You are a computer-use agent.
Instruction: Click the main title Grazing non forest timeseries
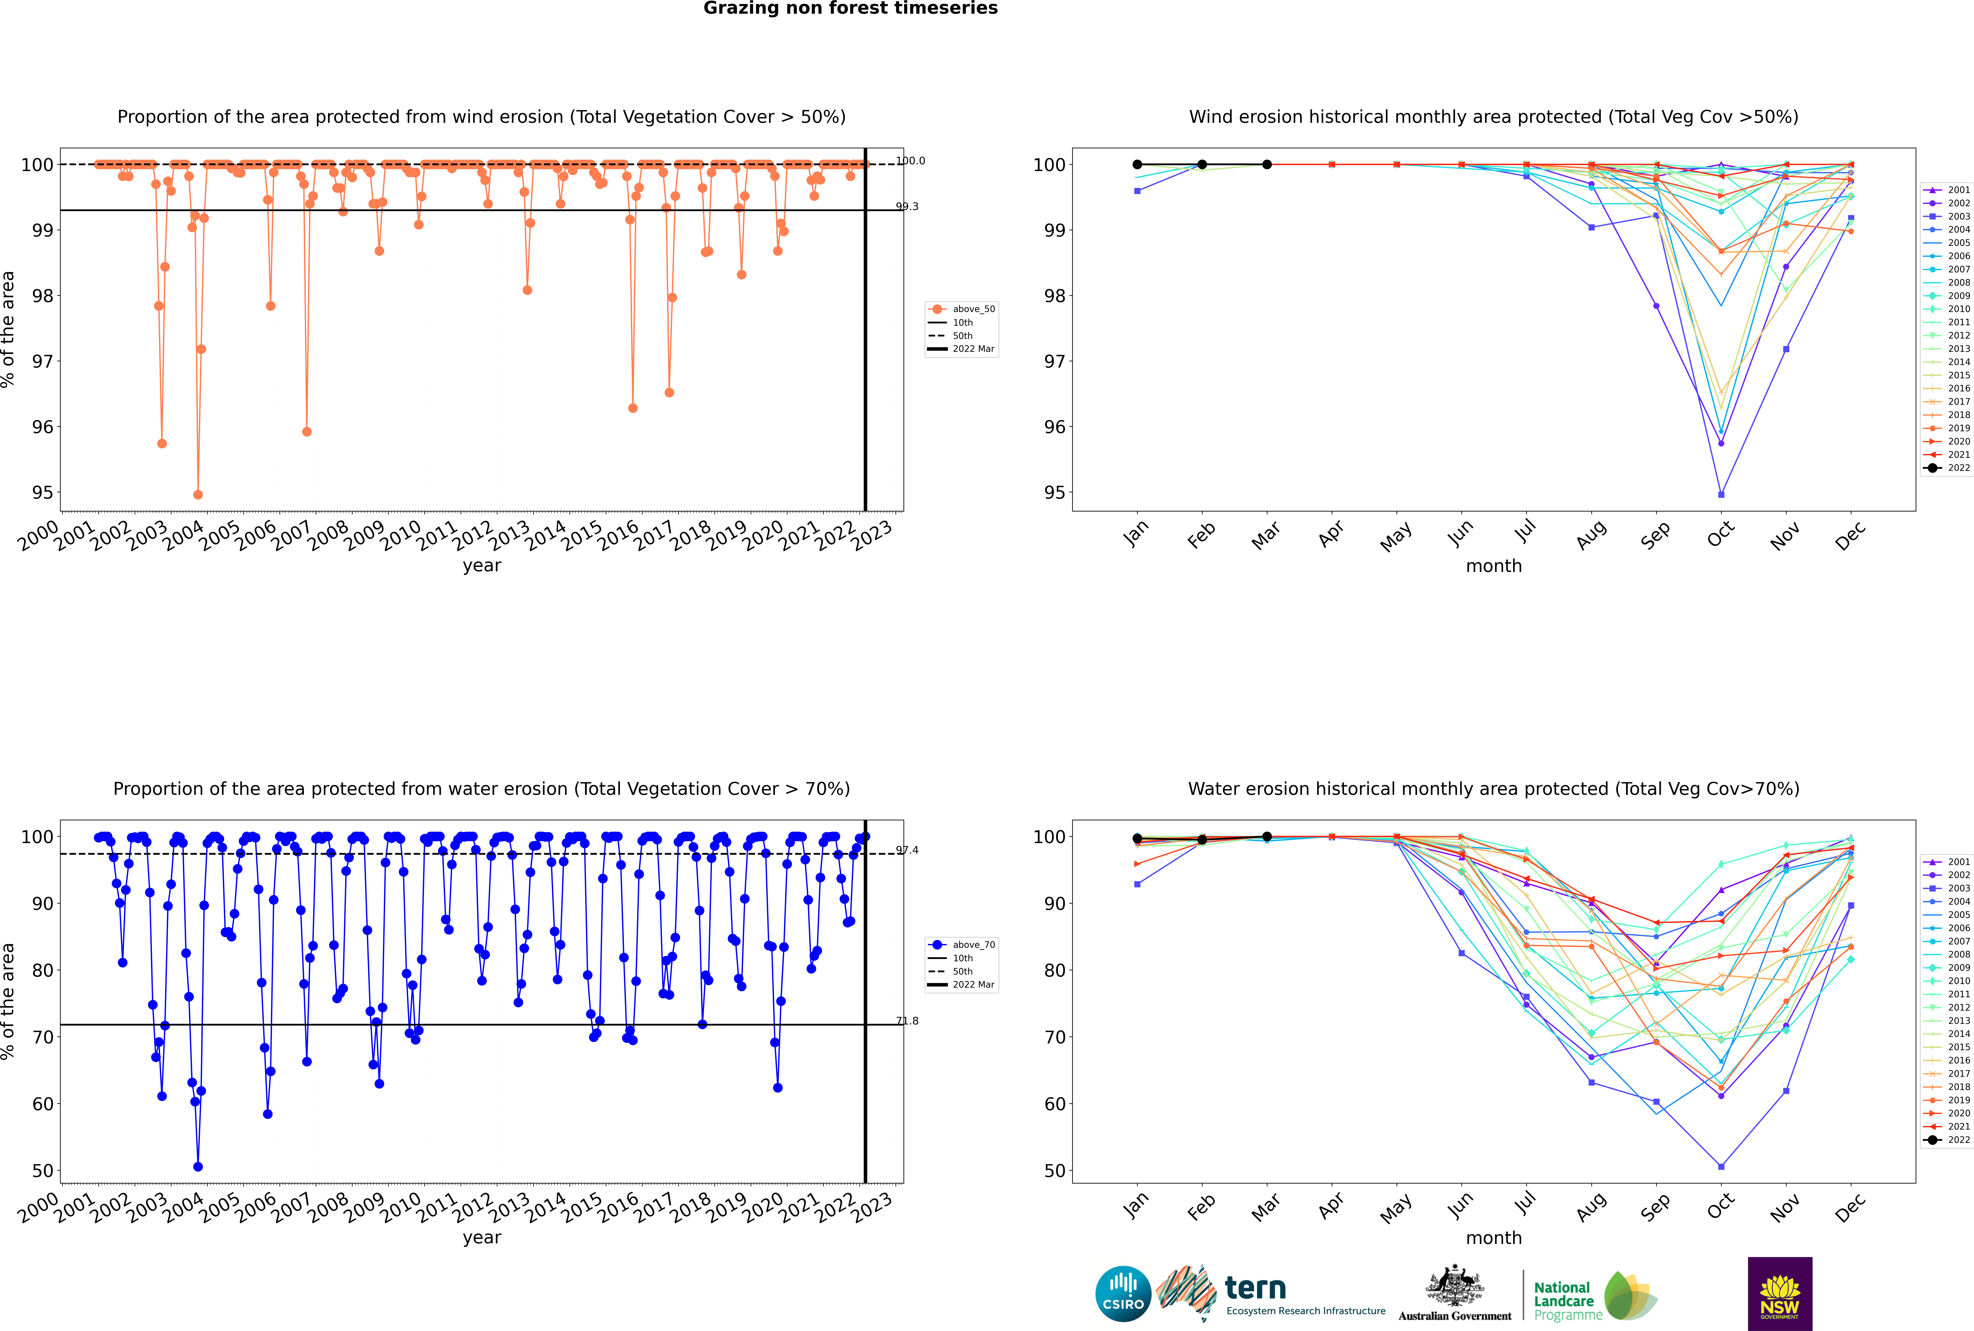[850, 8]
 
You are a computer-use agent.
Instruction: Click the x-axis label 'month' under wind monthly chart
[1494, 566]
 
